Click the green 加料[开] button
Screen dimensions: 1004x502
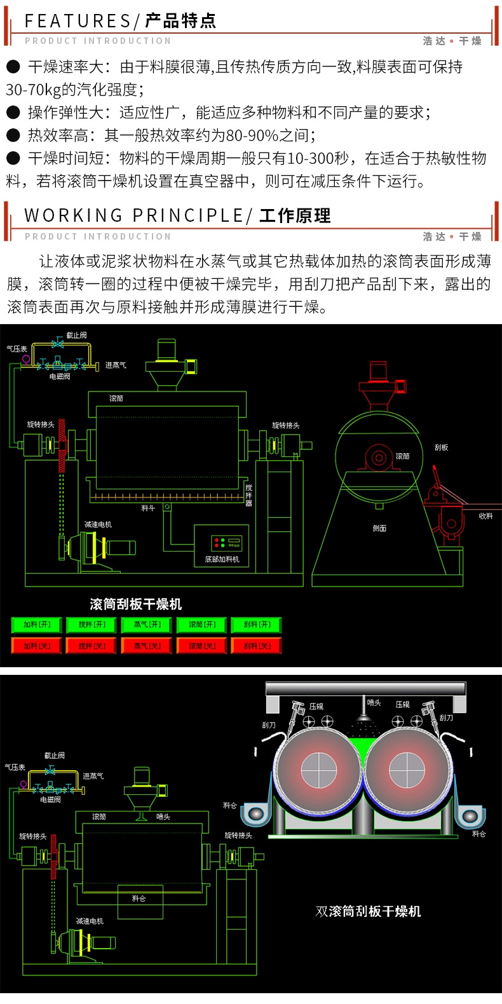coord(37,625)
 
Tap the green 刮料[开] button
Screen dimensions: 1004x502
coord(257,625)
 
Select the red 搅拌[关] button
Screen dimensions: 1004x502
coord(92,646)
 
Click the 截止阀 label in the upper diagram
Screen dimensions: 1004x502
coord(76,336)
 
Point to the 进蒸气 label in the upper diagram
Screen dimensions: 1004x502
coord(116,365)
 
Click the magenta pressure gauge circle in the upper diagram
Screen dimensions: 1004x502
coord(26,359)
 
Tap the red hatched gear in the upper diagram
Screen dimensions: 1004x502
coord(62,445)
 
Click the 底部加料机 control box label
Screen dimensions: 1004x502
coord(222,559)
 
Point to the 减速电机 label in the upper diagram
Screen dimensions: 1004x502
coord(98,525)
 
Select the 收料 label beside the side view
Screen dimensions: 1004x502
coord(485,516)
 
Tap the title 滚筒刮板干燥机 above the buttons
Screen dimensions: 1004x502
coord(136,604)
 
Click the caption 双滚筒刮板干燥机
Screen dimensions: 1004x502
coord(368,912)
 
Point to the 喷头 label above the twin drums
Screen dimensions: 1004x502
coord(374,703)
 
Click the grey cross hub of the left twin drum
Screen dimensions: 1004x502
coord(318,770)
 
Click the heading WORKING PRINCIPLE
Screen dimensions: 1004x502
coord(133,216)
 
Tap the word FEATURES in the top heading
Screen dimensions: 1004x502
coord(78,21)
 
